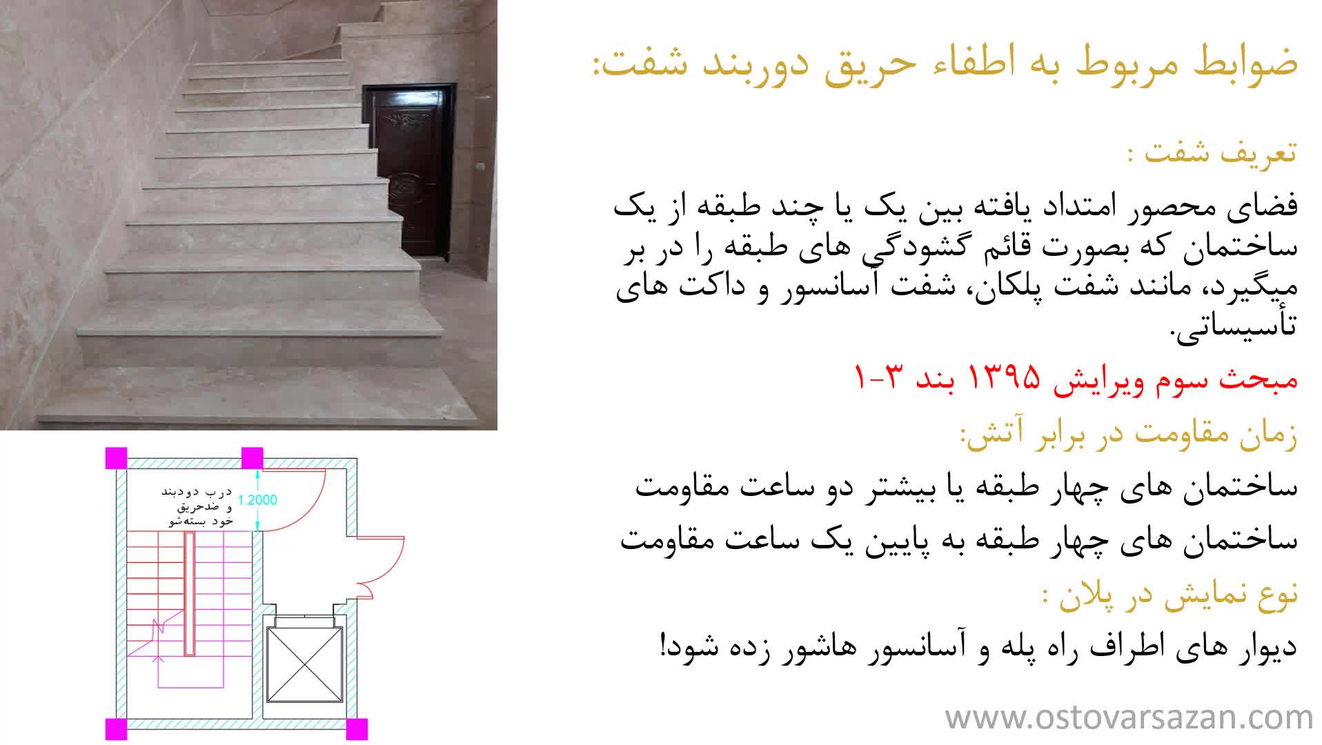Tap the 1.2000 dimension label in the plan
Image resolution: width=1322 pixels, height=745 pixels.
click(257, 500)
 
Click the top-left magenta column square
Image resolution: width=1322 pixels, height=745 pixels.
click(116, 458)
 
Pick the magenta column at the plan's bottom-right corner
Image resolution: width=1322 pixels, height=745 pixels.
click(356, 729)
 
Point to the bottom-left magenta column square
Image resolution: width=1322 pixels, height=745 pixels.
click(116, 729)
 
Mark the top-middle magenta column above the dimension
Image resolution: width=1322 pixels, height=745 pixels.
click(252, 458)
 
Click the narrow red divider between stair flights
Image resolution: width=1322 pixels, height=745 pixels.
click(188, 594)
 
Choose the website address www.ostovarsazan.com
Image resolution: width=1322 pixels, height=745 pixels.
click(1129, 717)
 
